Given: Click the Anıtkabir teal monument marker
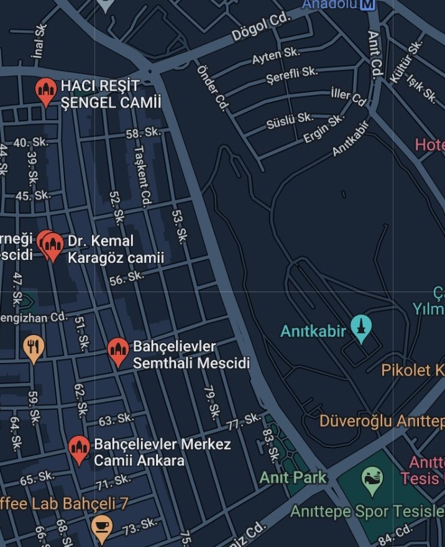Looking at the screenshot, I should click(360, 328).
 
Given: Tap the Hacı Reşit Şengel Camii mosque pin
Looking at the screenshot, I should click(45, 91).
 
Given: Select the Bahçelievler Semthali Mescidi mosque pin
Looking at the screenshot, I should click(117, 352).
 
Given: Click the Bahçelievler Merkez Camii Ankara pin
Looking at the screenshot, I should click(78, 449).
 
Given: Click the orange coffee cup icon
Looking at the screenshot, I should click(101, 526).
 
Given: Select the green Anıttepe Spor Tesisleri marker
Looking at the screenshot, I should click(372, 480).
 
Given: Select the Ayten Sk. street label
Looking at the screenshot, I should click(275, 57).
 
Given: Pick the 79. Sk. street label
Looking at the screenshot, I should click(212, 402).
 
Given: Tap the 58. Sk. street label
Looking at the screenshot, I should click(144, 133).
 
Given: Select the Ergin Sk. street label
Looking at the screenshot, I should click(323, 129).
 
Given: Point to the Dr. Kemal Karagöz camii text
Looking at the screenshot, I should click(115, 249).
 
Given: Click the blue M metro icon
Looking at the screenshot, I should click(368, 4).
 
